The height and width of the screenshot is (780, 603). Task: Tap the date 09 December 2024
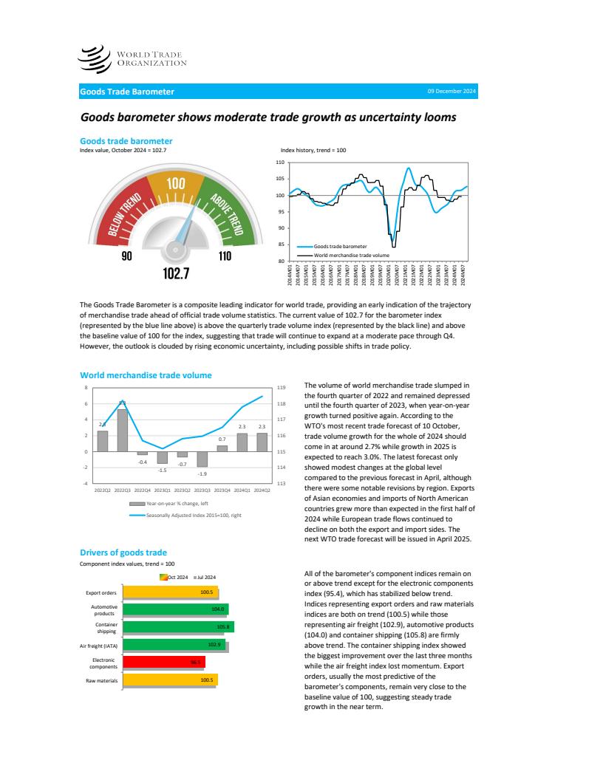pos(452,92)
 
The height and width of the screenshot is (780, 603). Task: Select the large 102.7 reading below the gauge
pos(175,274)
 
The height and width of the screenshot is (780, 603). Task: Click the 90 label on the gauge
pos(126,256)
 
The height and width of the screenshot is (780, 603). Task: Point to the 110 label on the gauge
pos(225,256)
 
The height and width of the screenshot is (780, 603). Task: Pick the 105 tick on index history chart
pos(279,179)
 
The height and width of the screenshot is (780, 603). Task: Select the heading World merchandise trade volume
pos(146,375)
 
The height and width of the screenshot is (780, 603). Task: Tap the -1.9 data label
pos(202,473)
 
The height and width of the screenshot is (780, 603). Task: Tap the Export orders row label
pos(101,592)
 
